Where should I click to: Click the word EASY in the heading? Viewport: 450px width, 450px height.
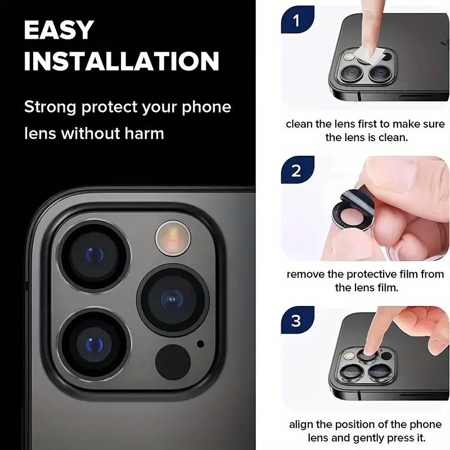coord(59,30)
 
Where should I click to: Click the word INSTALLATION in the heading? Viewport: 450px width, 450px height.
coord(121,61)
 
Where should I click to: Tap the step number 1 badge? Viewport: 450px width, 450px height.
coord(298,20)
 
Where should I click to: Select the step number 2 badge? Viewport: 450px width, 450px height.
coord(298,170)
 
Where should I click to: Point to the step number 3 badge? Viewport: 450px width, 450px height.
coord(298,319)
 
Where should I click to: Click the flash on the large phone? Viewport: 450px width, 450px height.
coord(173,238)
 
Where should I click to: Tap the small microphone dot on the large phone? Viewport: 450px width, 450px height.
coord(201,344)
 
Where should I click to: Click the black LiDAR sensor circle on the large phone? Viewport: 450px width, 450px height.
coord(173,362)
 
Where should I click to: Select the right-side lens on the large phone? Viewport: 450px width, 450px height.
coord(173,300)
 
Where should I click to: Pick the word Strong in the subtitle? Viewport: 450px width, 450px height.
coord(50,107)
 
